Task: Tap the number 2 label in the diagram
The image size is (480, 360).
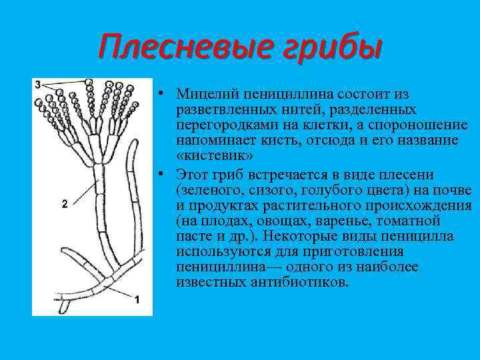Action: click(x=64, y=205)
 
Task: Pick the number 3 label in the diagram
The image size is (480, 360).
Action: click(x=37, y=83)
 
